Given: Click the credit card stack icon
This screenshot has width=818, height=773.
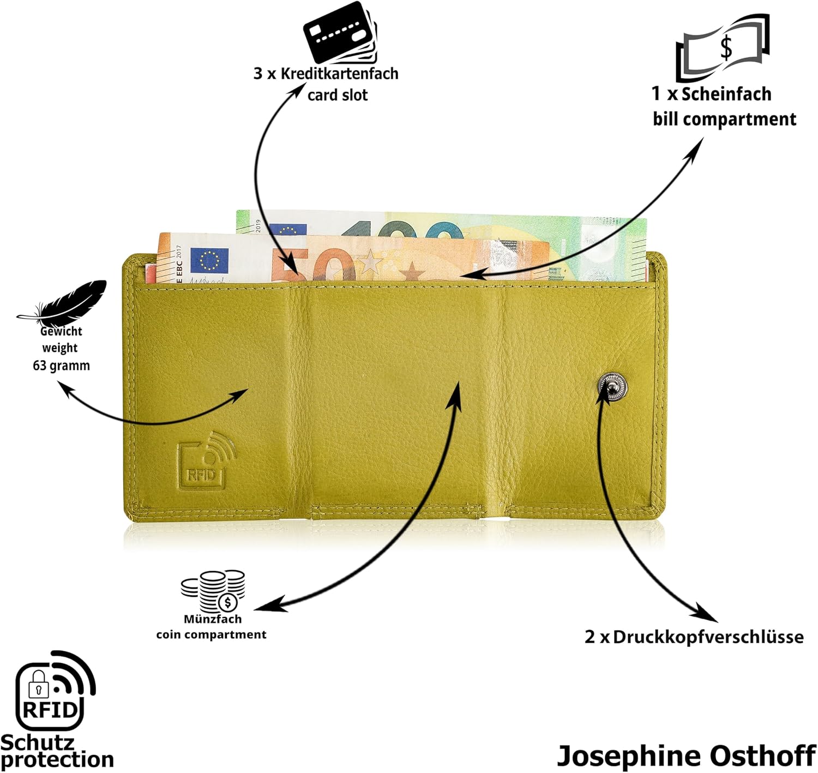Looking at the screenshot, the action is (340, 32).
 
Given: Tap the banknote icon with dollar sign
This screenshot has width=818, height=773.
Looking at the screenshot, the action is (723, 48).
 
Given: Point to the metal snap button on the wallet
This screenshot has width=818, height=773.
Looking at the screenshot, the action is (612, 386).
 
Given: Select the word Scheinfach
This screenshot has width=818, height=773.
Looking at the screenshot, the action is (726, 94).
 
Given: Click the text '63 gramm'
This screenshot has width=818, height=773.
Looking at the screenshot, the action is (62, 365).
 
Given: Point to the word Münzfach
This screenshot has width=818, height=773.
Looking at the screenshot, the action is (213, 619).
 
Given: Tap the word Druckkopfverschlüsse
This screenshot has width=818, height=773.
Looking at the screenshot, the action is (708, 637).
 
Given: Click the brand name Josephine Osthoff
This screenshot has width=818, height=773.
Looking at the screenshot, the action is (687, 756).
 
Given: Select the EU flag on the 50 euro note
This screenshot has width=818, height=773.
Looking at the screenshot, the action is (209, 260).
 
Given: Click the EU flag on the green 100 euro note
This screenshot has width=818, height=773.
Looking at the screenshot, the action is (288, 229).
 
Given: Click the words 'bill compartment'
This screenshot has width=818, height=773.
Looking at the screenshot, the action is (725, 119).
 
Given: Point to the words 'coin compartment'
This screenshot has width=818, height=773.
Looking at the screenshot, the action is (211, 634).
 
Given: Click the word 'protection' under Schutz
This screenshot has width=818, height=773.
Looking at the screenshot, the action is (57, 759).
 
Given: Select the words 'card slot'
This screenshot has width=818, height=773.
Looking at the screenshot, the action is (338, 95).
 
